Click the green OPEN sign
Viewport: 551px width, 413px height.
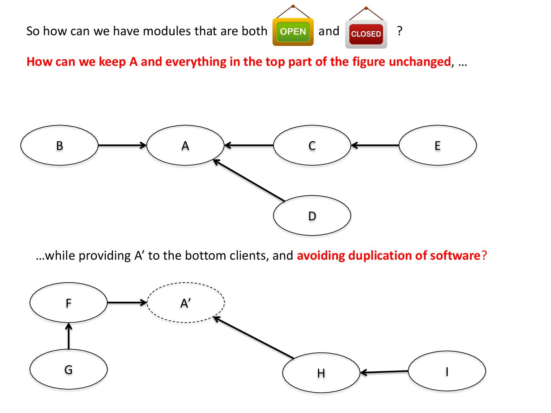point(293,32)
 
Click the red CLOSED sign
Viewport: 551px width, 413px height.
point(366,34)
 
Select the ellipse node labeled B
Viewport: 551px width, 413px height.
point(59,145)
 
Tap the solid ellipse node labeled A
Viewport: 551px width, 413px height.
point(185,145)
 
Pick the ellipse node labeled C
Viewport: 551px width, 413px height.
point(312,145)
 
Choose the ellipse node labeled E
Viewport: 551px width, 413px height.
point(437,145)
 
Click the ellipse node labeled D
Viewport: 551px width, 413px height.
point(312,216)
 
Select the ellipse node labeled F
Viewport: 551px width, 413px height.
point(68,302)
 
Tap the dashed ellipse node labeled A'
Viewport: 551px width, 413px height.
point(186,302)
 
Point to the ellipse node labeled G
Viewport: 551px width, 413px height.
point(68,369)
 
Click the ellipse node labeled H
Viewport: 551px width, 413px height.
point(321,372)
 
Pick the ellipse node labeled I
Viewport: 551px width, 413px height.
point(447,371)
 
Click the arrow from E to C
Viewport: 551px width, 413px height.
point(375,145)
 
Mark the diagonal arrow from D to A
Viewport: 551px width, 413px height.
point(249,180)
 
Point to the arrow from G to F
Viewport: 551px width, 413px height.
point(69,337)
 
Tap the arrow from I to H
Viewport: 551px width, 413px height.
point(384,372)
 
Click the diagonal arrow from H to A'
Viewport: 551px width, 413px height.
point(253,338)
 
